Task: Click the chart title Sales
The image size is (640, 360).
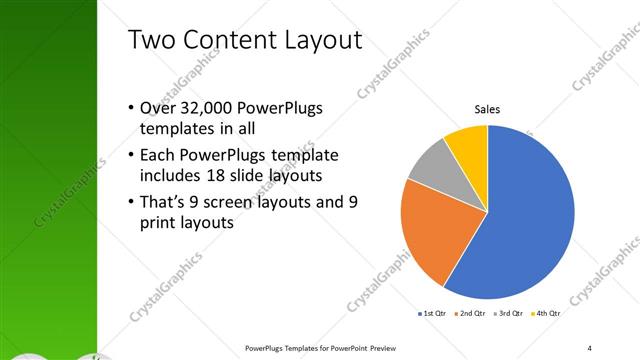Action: tap(487, 109)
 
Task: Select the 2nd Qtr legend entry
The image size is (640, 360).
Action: tap(474, 313)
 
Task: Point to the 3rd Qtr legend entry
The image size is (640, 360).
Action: tap(511, 313)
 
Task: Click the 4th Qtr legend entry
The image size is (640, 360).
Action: tap(547, 313)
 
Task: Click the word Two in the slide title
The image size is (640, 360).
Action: tap(152, 41)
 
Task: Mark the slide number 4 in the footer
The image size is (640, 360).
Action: tap(590, 348)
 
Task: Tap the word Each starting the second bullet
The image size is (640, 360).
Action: tap(158, 156)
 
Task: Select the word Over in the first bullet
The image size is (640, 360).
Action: tap(158, 108)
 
